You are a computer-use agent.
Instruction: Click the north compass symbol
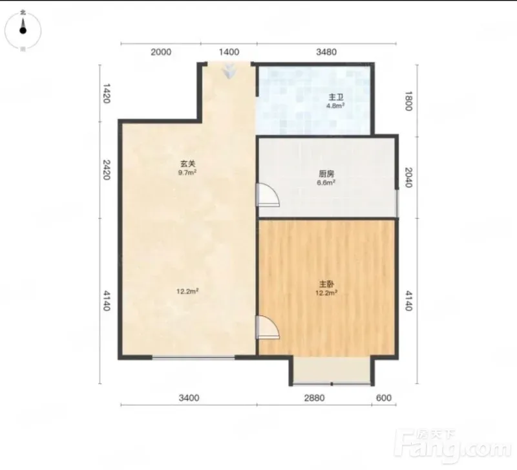[x=23, y=30]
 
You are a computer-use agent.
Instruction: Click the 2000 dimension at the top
[x=161, y=52]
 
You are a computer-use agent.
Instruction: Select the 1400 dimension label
[x=229, y=52]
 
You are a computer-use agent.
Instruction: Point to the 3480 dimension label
[x=326, y=52]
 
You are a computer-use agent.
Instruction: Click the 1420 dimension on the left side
[x=106, y=93]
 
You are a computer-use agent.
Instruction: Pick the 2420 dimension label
[x=106, y=170]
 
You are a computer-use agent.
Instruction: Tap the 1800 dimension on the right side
[x=408, y=101]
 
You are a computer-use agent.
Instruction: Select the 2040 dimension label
[x=408, y=177]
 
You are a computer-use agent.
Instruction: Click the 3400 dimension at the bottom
[x=189, y=398]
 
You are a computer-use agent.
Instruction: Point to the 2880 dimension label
[x=314, y=398]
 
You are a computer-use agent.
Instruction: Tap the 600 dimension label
[x=384, y=398]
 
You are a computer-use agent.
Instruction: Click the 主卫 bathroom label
[x=335, y=98]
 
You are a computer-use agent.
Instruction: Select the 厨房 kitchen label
[x=326, y=174]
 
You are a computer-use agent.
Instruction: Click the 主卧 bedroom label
[x=326, y=284]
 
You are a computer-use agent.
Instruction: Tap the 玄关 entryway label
[x=187, y=164]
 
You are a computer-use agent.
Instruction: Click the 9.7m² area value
[x=187, y=172]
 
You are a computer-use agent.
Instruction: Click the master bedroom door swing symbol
[x=268, y=327]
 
